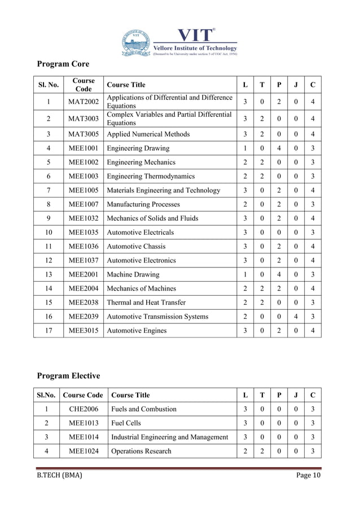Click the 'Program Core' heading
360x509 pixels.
click(x=63, y=63)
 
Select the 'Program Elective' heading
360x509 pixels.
click(x=68, y=375)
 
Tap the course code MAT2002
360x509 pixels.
click(x=84, y=102)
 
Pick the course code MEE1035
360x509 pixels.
click(x=84, y=232)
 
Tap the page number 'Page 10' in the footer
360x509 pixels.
click(x=309, y=476)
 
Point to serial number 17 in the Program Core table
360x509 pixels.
click(x=49, y=331)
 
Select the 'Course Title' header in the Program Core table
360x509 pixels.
click(x=126, y=85)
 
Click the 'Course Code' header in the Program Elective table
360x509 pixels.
click(x=84, y=395)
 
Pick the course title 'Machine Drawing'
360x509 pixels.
click(x=133, y=275)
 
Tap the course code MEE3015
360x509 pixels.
click(x=84, y=331)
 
